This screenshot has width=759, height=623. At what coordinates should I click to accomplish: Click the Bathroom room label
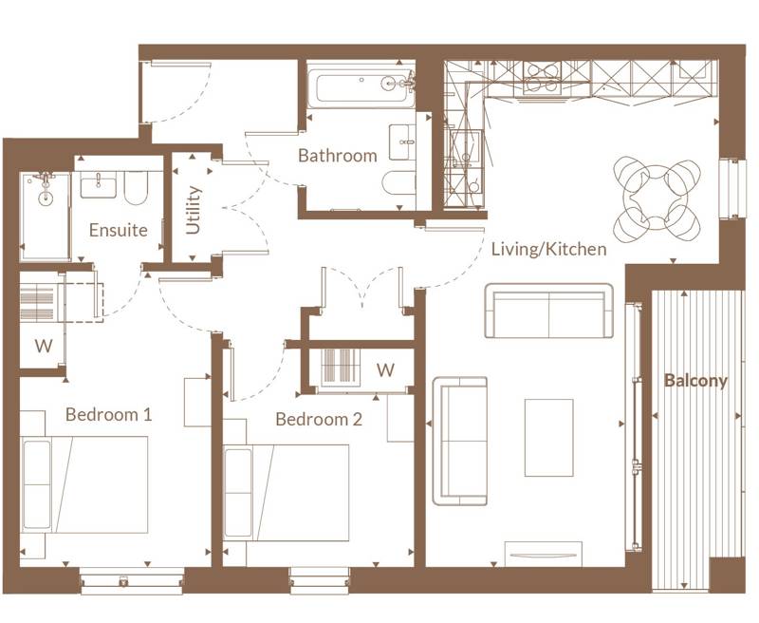[x=337, y=155]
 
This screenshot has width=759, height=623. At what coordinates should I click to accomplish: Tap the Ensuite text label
[x=118, y=230]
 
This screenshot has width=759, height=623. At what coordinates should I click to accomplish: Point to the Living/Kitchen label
[x=548, y=250]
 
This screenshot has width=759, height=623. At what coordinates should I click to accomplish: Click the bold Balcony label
[x=695, y=381]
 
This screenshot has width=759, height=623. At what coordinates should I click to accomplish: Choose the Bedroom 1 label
[x=109, y=415]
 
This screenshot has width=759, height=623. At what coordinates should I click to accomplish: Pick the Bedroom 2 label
[x=319, y=419]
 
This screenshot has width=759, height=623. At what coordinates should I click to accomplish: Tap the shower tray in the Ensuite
[x=46, y=216]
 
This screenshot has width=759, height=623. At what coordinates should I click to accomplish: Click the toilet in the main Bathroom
[x=398, y=183]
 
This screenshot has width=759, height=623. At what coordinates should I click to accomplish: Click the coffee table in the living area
[x=548, y=437]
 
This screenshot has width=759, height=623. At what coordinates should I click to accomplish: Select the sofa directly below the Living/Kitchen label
[x=548, y=311]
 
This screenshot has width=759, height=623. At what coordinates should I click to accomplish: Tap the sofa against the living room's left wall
[x=460, y=441]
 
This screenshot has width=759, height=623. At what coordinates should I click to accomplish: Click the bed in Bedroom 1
[x=85, y=484]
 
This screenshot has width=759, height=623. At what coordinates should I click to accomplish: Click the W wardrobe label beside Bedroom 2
[x=385, y=369]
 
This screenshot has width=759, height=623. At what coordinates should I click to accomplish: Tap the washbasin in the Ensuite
[x=98, y=184]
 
